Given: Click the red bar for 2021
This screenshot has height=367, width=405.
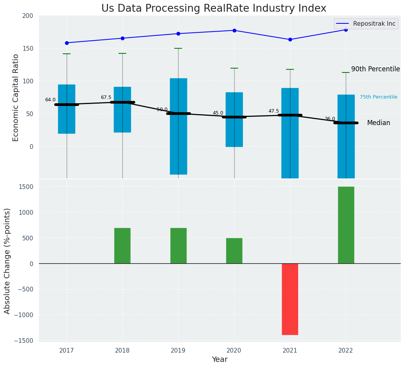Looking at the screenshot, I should (x=290, y=299).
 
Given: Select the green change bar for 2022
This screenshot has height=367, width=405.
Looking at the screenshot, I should (x=346, y=225).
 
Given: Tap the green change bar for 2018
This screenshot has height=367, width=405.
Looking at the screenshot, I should (x=122, y=245).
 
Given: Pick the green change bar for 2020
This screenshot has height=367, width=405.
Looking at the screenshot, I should (x=234, y=251).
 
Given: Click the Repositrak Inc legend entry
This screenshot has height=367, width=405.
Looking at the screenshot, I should (x=374, y=24).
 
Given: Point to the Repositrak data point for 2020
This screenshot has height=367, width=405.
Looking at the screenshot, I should (x=234, y=30).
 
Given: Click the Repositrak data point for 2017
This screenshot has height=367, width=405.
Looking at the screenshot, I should (x=67, y=43).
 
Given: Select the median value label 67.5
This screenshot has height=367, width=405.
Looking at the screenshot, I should (x=106, y=97).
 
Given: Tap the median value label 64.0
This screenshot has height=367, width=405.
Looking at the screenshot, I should (x=50, y=100).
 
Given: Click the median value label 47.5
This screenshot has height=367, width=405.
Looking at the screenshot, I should (x=274, y=111).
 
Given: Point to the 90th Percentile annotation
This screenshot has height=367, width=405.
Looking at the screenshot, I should (x=375, y=69).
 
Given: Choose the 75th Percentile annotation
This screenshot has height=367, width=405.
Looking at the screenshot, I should (x=378, y=97).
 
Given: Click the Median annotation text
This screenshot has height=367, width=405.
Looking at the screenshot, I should (x=378, y=123).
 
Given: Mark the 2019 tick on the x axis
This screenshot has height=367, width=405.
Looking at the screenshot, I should (x=178, y=351).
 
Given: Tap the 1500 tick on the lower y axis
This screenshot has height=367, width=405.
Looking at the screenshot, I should (x=26, y=187).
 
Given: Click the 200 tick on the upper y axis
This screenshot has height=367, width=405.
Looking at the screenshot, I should (x=28, y=16).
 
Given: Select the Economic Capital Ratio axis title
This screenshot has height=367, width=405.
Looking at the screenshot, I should (x=16, y=97).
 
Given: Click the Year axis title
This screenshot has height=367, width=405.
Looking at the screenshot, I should (x=219, y=360).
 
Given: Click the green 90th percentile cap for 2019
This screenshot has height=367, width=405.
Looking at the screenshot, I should (x=178, y=48).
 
